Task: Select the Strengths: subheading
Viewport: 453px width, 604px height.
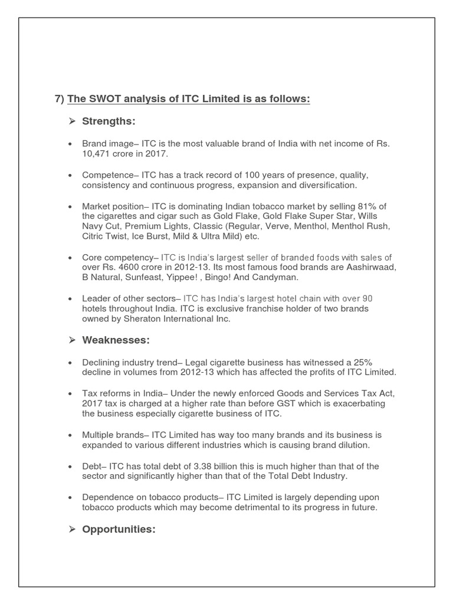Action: [109, 121]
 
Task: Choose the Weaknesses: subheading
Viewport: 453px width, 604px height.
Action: [116, 340]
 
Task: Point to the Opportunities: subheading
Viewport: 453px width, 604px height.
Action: [119, 529]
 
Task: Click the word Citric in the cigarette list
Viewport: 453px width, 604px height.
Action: [95, 236]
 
